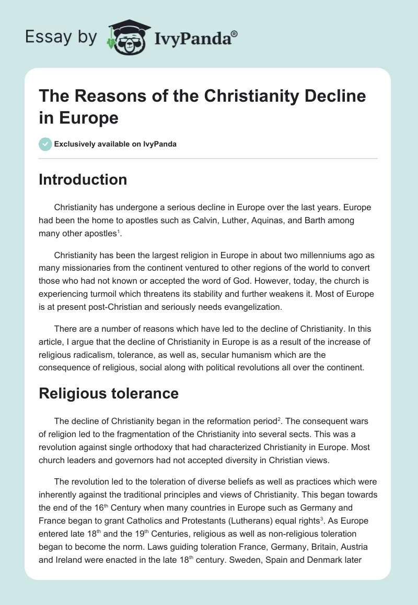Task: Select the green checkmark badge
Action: pyautogui.click(x=45, y=144)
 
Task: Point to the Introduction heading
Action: pyautogui.click(x=83, y=180)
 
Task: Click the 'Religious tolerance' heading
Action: pyautogui.click(x=109, y=393)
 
